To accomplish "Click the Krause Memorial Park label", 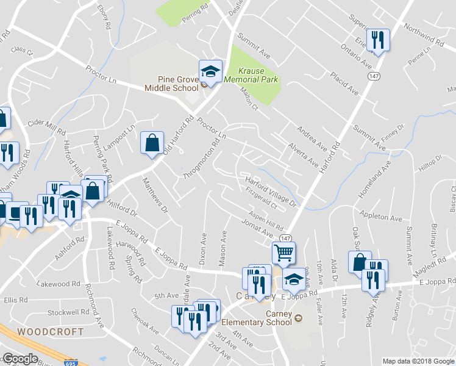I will pos(251,76).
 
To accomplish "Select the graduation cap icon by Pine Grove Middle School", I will pos(210,71).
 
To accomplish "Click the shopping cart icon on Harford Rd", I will pos(283,252).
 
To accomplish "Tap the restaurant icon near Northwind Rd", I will pos(378,40).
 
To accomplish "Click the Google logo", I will pos(20,359).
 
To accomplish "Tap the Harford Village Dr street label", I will pos(270,190).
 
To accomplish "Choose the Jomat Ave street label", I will pos(255,228).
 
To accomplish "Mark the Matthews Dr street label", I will pos(155,195).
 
